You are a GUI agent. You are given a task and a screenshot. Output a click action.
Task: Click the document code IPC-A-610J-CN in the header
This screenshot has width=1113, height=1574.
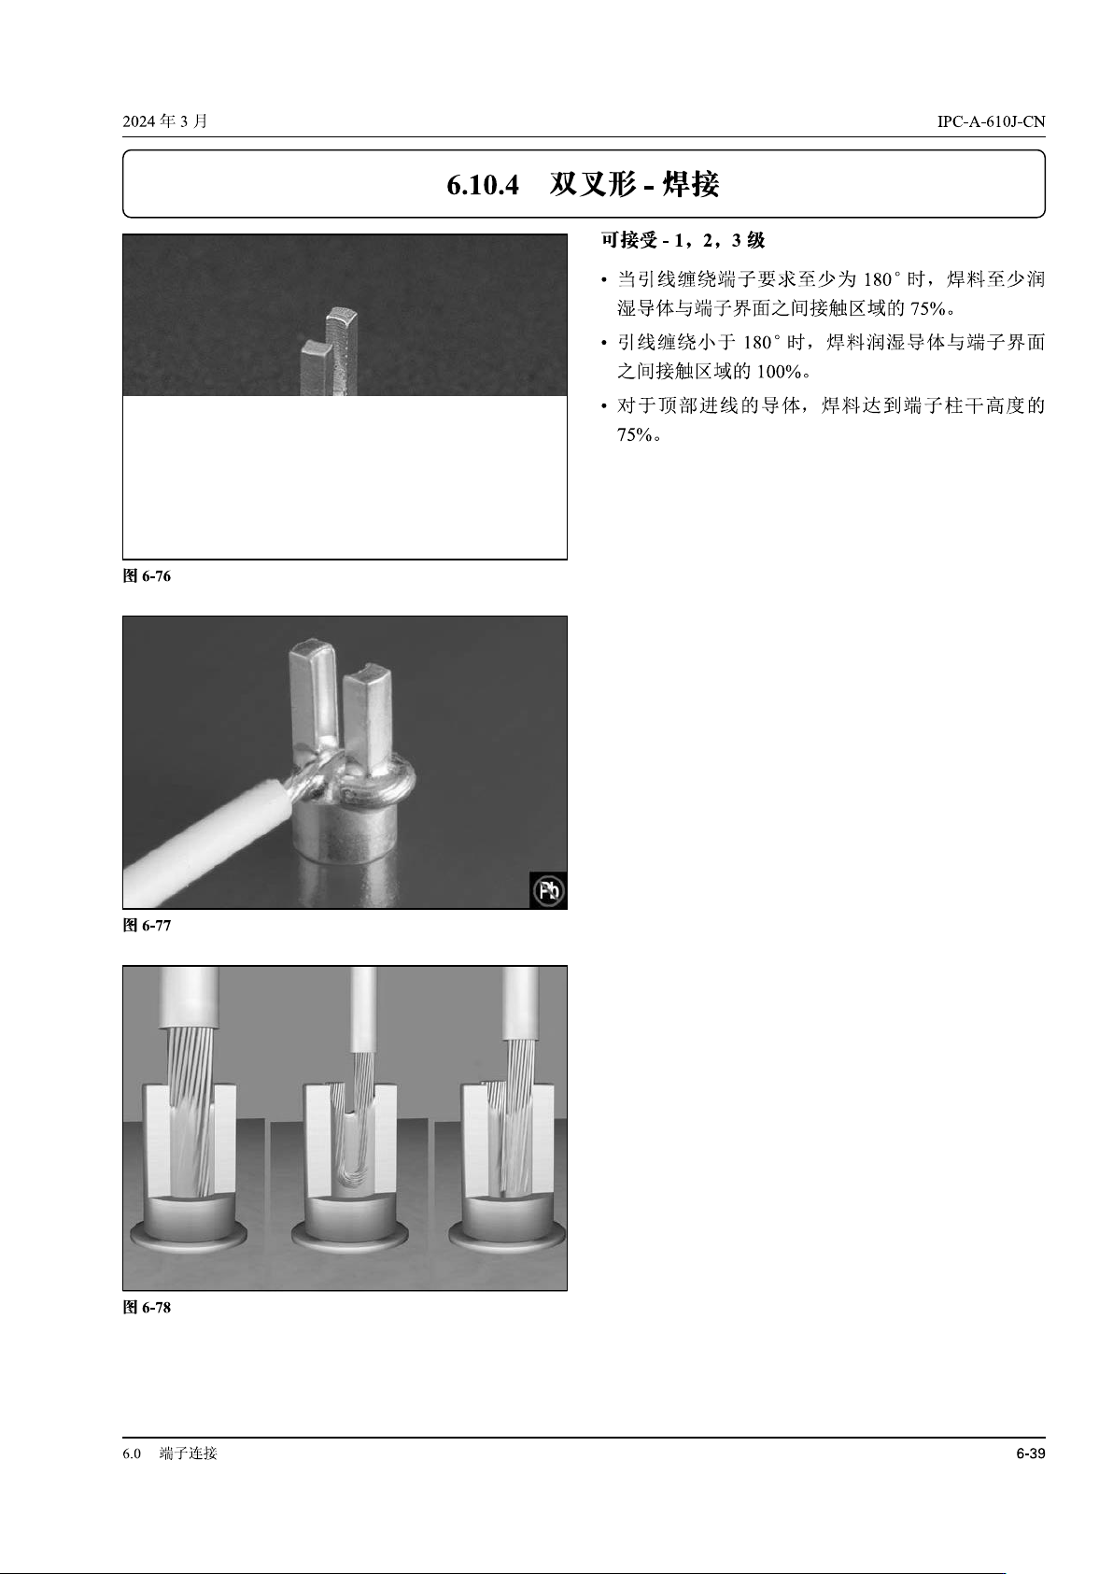click(991, 121)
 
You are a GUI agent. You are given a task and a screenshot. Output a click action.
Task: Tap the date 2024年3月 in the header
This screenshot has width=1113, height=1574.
click(165, 121)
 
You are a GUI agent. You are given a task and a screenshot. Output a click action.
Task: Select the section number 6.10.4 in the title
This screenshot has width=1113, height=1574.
click(483, 185)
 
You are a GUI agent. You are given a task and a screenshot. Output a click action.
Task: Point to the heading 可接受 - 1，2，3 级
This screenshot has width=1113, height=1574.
click(683, 240)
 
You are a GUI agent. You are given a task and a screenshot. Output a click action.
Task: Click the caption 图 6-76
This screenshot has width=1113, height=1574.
click(147, 576)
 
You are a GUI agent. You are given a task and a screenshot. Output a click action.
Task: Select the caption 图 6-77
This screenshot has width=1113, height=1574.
click(147, 926)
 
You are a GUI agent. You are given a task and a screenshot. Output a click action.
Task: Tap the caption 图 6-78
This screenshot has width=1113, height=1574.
click(147, 1308)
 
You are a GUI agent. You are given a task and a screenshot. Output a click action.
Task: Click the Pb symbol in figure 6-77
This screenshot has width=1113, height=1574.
click(548, 891)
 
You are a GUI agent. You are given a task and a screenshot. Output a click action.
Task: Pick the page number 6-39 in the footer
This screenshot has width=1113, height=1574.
click(1030, 1453)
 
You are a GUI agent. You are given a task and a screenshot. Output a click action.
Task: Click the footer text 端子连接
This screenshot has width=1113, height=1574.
click(189, 1453)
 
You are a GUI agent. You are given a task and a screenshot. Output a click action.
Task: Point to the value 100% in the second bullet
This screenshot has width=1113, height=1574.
click(778, 372)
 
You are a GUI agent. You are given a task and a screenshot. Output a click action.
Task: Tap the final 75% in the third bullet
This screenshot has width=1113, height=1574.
click(635, 435)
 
